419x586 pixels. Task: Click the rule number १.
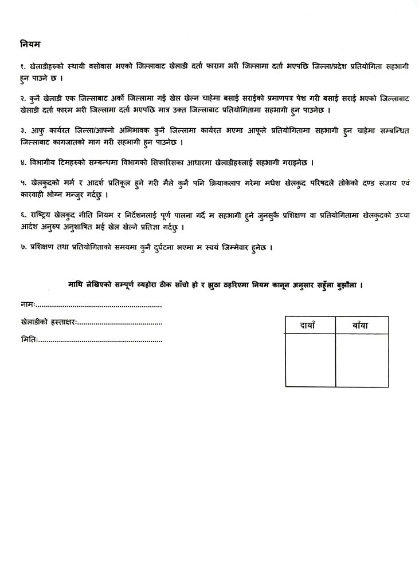point(22,68)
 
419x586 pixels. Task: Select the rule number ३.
point(22,132)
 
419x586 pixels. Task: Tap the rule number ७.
point(22,250)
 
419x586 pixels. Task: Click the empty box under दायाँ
point(310,361)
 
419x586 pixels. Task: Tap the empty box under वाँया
point(362,361)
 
